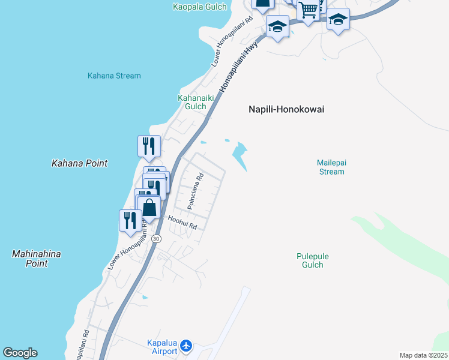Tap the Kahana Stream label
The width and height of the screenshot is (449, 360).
114,76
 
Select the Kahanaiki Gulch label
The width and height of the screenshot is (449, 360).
192,102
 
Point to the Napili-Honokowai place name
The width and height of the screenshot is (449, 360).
286,109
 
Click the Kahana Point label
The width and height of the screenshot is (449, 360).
79,163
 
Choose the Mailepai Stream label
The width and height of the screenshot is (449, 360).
331,167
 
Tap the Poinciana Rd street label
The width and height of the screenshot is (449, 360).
196,191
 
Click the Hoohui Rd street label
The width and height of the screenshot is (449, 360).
182,223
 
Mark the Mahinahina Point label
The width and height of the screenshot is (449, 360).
36,259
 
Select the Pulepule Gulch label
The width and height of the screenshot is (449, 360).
313,260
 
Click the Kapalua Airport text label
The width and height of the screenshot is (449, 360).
162,347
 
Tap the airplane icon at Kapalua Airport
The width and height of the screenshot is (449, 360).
186,346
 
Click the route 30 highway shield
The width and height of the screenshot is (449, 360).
156,239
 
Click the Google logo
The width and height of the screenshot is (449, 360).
20,353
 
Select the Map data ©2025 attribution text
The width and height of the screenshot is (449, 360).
424,355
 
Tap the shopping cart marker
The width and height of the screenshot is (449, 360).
308,10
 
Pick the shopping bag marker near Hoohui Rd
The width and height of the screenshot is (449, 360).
149,208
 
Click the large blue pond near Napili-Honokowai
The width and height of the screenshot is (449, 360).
240,155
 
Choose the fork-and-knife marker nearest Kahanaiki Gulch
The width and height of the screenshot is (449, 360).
149,146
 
